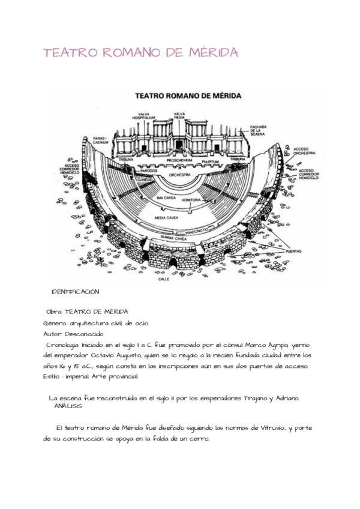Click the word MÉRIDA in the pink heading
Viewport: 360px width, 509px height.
coord(210,53)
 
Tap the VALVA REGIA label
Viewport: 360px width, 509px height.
coord(179,116)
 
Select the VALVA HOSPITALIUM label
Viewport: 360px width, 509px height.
coord(144,116)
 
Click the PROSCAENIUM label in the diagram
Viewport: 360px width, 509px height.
coord(179,161)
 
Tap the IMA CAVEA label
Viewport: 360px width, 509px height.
coord(166,197)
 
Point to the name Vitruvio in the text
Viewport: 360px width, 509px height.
coord(269,428)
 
